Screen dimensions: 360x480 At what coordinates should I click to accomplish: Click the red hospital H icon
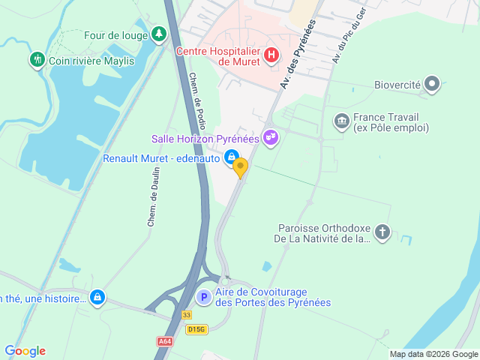272,55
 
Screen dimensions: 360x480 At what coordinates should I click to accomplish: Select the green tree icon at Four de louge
158,34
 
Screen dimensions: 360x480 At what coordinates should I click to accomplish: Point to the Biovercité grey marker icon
432,85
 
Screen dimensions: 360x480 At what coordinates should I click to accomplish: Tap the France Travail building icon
342,121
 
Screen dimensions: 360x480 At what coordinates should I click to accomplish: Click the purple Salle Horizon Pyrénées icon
271,138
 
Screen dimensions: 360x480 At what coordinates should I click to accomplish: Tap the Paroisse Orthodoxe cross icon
382,232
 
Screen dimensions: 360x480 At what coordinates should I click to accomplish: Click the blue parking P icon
203,298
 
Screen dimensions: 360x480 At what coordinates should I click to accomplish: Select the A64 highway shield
165,341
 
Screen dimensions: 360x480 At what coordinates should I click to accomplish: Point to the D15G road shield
197,329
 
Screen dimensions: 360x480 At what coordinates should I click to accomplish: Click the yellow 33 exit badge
187,316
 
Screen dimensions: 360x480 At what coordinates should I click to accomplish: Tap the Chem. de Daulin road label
152,205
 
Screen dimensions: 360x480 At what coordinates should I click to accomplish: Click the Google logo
25,351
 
